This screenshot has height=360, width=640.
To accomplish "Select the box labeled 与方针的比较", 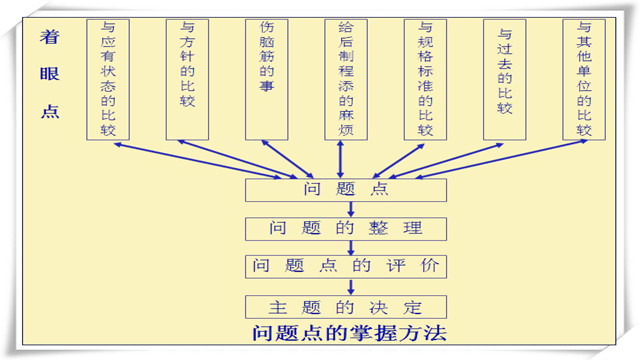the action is pyautogui.click(x=187, y=79).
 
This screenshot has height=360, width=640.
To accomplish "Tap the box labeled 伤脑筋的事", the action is pyautogui.click(x=267, y=79).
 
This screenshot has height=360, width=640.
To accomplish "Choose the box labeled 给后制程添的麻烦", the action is pyautogui.click(x=346, y=79).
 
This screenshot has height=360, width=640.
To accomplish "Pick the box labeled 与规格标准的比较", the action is pyautogui.click(x=425, y=79).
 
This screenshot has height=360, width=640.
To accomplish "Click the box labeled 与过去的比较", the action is pyautogui.click(x=505, y=79).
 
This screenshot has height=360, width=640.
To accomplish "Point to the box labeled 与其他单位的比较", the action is pyautogui.click(x=584, y=79).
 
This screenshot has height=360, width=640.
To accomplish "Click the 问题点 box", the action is pyautogui.click(x=345, y=188).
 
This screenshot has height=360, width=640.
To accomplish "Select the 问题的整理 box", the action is pyautogui.click(x=345, y=228).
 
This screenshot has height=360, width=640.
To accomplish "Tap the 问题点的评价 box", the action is pyautogui.click(x=345, y=267).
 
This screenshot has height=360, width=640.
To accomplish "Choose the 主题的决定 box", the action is pyautogui.click(x=345, y=306).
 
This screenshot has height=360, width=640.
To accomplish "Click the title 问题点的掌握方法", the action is pyautogui.click(x=348, y=332).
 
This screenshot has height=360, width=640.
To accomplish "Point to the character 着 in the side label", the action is pyautogui.click(x=50, y=37).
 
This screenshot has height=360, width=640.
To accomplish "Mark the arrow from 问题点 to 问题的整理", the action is pyautogui.click(x=352, y=208).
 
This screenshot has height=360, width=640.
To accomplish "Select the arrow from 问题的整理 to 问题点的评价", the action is pyautogui.click(x=352, y=248).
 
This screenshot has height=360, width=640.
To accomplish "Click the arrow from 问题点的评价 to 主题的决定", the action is pyautogui.click(x=352, y=287).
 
